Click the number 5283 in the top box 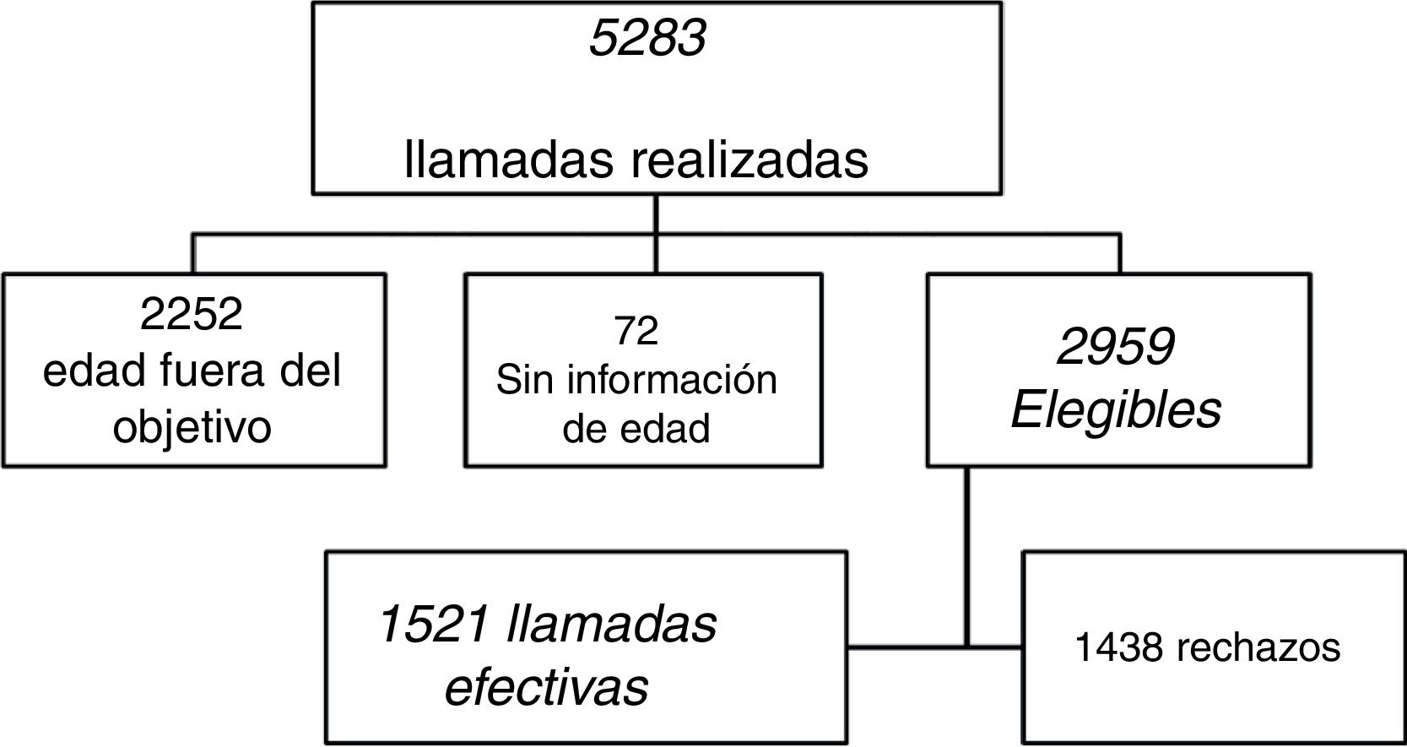[647, 39]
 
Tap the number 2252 [192, 314]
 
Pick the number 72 [636, 330]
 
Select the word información [671, 379]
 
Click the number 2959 [1115, 346]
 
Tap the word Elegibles [1116, 410]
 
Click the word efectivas [546, 686]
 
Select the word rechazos [1250, 648]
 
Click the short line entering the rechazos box [996, 648]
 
